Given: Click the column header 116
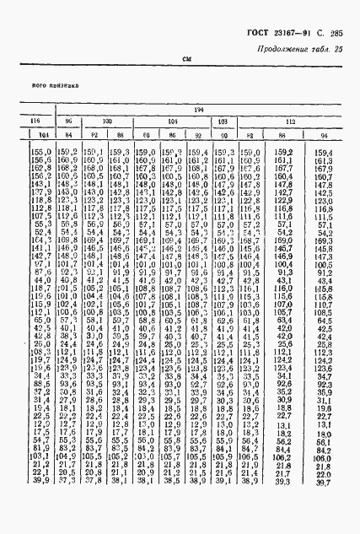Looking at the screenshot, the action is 35,122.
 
